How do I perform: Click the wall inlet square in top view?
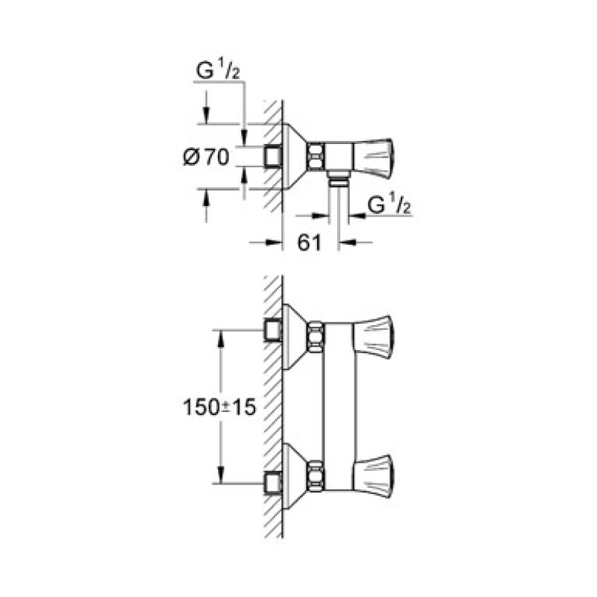click(x=272, y=156)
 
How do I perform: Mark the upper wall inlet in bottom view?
click(x=272, y=329)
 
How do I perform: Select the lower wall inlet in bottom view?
click(x=272, y=483)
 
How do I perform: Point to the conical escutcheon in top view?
click(x=295, y=156)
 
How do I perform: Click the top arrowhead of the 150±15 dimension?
click(x=220, y=336)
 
